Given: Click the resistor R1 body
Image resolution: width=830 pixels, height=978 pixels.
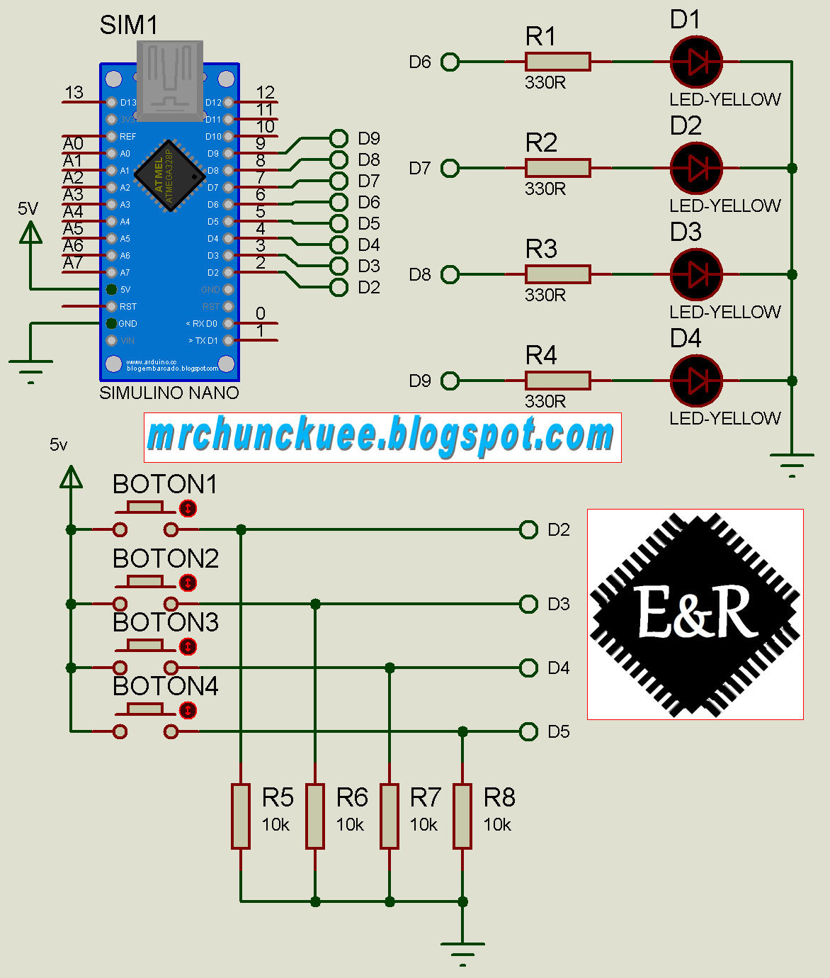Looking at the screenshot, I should pyautogui.click(x=557, y=62).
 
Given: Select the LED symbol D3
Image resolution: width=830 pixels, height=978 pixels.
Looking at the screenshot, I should pyautogui.click(x=696, y=274).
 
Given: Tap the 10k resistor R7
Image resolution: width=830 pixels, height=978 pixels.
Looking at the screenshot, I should pyautogui.click(x=390, y=816).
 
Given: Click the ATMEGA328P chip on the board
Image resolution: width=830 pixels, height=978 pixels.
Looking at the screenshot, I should pyautogui.click(x=170, y=175).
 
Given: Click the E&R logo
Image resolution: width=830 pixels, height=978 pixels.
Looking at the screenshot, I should pyautogui.click(x=695, y=614).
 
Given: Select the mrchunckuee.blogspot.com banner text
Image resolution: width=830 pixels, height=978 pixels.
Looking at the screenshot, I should pyautogui.click(x=382, y=437).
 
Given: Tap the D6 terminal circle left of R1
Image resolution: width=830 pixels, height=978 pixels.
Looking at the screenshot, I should pyautogui.click(x=450, y=62).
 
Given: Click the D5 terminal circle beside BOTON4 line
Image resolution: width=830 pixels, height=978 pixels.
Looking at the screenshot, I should pyautogui.click(x=528, y=731).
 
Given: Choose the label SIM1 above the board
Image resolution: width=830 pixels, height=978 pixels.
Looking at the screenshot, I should pyautogui.click(x=128, y=25).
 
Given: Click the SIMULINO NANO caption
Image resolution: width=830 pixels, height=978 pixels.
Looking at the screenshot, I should pyautogui.click(x=169, y=393).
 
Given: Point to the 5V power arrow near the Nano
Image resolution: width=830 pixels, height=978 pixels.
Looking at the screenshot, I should pyautogui.click(x=30, y=233).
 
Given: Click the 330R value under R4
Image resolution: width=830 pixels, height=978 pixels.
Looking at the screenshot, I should pyautogui.click(x=545, y=401).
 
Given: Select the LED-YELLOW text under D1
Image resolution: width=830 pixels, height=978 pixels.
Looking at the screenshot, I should pyautogui.click(x=724, y=99).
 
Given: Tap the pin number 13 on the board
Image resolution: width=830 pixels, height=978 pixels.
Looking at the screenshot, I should pyautogui.click(x=74, y=93).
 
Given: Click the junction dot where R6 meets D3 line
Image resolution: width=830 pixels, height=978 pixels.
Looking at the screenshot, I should pyautogui.click(x=315, y=604).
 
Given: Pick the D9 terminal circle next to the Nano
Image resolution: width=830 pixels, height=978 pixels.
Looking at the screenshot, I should pyautogui.click(x=339, y=138).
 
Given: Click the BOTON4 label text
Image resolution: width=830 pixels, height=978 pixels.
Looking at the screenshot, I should pyautogui.click(x=166, y=686).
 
